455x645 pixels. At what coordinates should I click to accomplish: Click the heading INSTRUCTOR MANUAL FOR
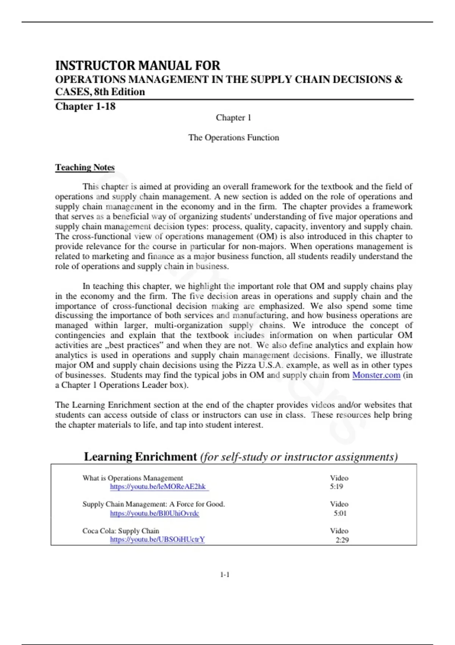coord(138,66)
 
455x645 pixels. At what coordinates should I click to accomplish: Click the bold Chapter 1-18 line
coord(85,106)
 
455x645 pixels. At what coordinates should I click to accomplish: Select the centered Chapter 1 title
coord(233,118)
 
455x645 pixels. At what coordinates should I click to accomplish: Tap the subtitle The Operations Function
coord(234,137)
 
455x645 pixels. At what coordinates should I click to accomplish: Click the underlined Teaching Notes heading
coord(85,167)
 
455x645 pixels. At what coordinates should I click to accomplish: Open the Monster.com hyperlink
coord(376,375)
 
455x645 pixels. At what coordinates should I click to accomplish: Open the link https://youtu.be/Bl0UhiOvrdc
coord(154,513)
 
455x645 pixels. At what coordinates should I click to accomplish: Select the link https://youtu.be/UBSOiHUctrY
coord(157,539)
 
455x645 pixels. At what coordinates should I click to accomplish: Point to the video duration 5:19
coord(336,486)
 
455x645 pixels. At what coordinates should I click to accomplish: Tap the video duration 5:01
coord(340,513)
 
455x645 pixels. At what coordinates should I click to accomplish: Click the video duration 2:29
coord(342,540)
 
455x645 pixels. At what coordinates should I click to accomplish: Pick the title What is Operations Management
coord(133,478)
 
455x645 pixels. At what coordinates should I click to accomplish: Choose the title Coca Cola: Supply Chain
coord(121,531)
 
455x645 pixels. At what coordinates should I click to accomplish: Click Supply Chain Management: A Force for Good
coord(154,504)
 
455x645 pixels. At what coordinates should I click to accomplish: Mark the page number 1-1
coord(225,575)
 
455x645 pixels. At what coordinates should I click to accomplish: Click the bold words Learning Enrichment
coord(140,456)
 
